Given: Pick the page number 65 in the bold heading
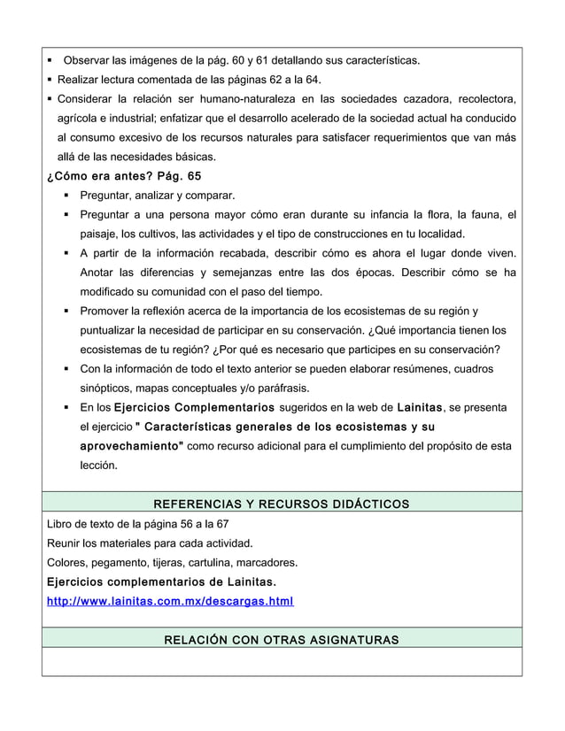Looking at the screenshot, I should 192,176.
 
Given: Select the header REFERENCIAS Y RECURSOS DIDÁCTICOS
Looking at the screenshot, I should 282,504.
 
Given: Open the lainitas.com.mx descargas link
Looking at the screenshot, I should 170,603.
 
